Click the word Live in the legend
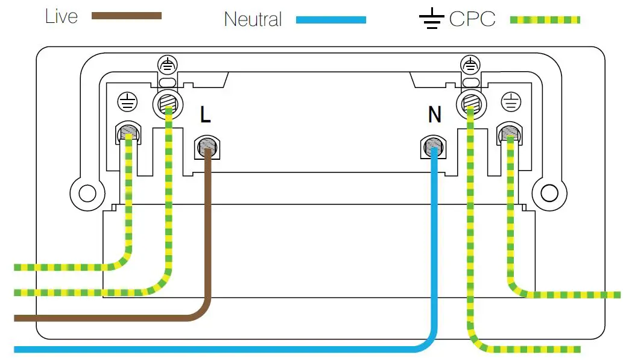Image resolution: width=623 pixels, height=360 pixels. pos(61,16)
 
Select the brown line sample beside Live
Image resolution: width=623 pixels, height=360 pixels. pos(126,16)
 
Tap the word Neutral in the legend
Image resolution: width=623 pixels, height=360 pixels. pos(253,19)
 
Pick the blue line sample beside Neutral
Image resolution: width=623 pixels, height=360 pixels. pos(331,20)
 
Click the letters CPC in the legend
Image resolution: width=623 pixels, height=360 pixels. pos(472,19)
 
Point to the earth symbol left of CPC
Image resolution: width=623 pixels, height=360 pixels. pos(431,19)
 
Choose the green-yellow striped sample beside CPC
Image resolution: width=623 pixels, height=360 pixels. pos(545,19)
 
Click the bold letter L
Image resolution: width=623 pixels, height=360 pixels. pos(205,115)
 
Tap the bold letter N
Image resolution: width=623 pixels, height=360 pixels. pos(435,115)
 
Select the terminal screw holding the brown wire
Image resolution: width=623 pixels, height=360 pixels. pos(207,147)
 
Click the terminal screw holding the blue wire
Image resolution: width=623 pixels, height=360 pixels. pos(433,147)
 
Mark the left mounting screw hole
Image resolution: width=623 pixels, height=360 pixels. pos(87,194)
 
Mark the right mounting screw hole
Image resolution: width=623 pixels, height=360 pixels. pos(549,194)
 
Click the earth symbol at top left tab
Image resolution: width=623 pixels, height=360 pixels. pos(167,65)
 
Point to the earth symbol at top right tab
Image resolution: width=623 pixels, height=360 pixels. pos(470,65)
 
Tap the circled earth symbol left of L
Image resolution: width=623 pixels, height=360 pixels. pos(127,102)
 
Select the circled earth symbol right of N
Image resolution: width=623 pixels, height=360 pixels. pos(511,102)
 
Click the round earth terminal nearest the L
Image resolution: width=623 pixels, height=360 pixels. pos(168,104)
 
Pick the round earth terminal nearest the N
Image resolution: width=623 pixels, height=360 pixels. pos(471,104)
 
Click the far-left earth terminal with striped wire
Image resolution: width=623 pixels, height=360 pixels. pos(128,133)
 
